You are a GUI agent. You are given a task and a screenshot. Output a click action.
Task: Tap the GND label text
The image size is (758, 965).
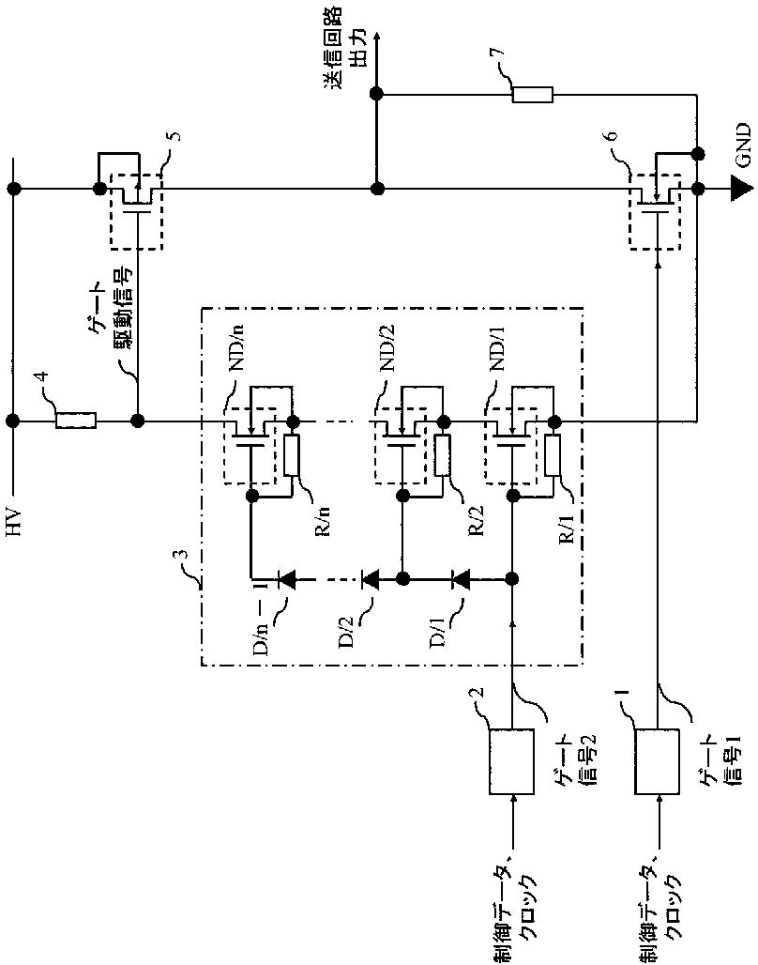pyautogui.click(x=744, y=146)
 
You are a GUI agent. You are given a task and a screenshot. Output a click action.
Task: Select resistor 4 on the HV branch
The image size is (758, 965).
pyautogui.click(x=76, y=421)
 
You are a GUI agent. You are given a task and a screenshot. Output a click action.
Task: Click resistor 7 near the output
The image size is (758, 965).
pyautogui.click(x=533, y=95)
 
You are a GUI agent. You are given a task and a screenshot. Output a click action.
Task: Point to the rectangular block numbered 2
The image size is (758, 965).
pyautogui.click(x=511, y=762)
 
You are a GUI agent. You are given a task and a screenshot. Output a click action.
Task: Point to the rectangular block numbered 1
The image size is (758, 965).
pyautogui.click(x=658, y=762)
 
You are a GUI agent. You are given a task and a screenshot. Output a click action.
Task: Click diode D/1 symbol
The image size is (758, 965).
pyautogui.click(x=461, y=578)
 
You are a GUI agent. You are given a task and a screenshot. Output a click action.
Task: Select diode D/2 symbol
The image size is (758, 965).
pyautogui.click(x=370, y=578)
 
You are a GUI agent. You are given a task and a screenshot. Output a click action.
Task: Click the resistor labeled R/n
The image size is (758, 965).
pyautogui.click(x=293, y=455)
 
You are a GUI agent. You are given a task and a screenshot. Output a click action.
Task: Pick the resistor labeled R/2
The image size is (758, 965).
pyautogui.click(x=442, y=455)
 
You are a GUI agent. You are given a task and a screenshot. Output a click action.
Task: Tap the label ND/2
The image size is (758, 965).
pyautogui.click(x=388, y=349)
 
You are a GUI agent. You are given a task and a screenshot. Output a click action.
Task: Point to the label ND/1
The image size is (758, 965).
pyautogui.click(x=500, y=349)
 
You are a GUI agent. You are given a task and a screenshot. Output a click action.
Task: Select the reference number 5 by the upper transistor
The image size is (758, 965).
pyautogui.click(x=175, y=137)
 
